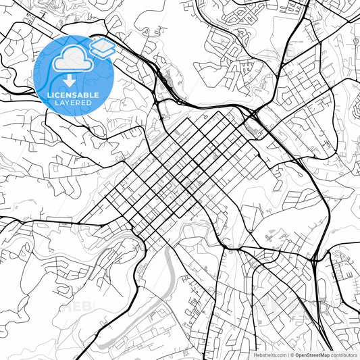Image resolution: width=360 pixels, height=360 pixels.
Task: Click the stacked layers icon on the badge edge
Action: (102, 49)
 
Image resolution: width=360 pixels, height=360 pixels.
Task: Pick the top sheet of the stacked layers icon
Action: (102, 45)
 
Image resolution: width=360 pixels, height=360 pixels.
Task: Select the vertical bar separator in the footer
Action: (288, 354)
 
